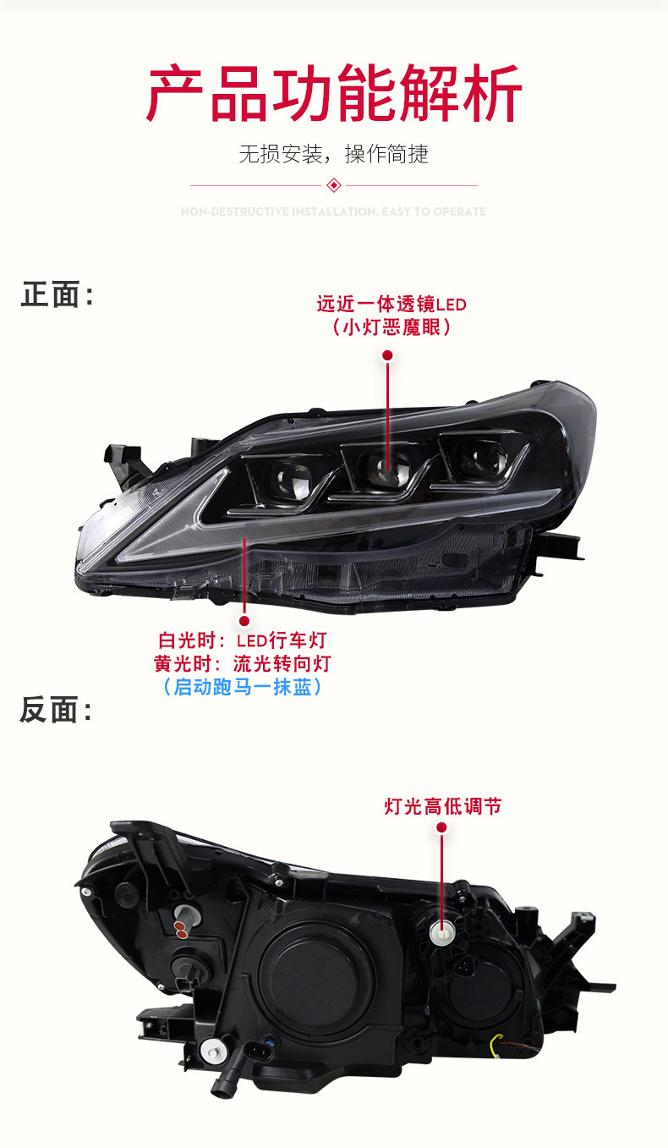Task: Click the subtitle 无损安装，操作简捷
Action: [x=334, y=154]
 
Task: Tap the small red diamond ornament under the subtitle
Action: [x=334, y=185]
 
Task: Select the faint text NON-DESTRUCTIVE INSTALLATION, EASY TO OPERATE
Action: [x=334, y=211]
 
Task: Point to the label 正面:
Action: [x=56, y=295]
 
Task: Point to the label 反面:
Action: [x=56, y=711]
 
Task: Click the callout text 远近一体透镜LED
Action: [x=391, y=304]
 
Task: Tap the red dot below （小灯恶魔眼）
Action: [x=387, y=355]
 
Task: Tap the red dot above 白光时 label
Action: [x=244, y=620]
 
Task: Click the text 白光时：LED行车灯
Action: [x=242, y=641]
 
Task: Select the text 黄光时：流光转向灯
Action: [x=242, y=664]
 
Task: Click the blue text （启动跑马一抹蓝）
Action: [x=242, y=687]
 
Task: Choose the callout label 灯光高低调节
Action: [x=442, y=806]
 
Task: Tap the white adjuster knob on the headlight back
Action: [x=441, y=932]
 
